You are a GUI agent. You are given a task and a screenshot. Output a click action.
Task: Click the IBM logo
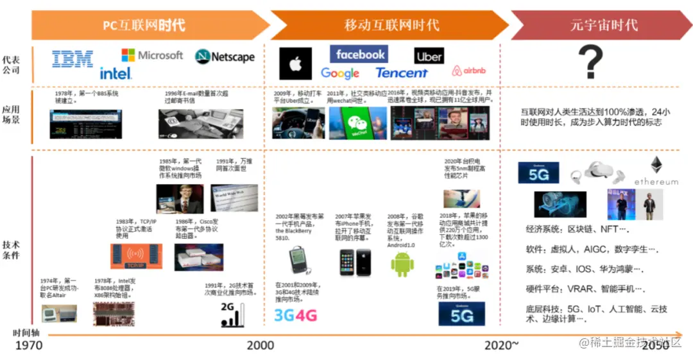point(73,59)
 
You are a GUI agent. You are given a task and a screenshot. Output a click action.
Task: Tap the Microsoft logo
point(152,55)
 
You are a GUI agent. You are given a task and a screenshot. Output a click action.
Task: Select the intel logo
point(116,73)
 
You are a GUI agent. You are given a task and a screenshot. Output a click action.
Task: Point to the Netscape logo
point(225,56)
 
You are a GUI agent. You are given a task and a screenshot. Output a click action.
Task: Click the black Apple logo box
point(296,64)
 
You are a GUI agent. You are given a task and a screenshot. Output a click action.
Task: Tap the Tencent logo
point(402,73)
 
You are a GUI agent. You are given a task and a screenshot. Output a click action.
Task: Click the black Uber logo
point(429,56)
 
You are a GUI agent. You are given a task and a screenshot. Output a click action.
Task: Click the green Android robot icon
point(402,264)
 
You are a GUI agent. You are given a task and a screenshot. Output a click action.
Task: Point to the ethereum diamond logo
point(656,166)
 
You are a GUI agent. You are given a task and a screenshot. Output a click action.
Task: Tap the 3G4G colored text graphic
point(296,315)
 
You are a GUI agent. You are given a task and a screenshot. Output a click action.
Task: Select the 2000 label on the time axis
point(260,345)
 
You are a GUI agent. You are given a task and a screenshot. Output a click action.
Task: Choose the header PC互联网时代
point(144,25)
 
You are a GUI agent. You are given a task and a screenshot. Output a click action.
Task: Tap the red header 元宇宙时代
point(603,25)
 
